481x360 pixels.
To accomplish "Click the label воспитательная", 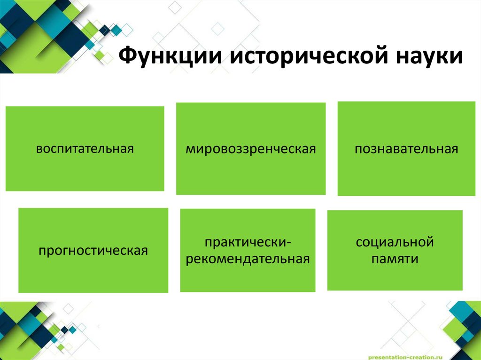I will point(85,149).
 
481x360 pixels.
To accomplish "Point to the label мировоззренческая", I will point(250,150).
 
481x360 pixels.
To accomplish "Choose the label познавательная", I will point(406,150).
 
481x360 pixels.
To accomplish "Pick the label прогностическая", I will point(93,250).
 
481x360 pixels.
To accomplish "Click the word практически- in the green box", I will point(248,243).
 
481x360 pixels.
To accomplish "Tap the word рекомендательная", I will point(248,259).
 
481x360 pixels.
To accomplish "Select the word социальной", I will point(395,243).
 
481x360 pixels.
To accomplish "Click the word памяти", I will point(395,259).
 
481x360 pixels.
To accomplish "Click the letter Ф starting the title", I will point(126,57).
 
